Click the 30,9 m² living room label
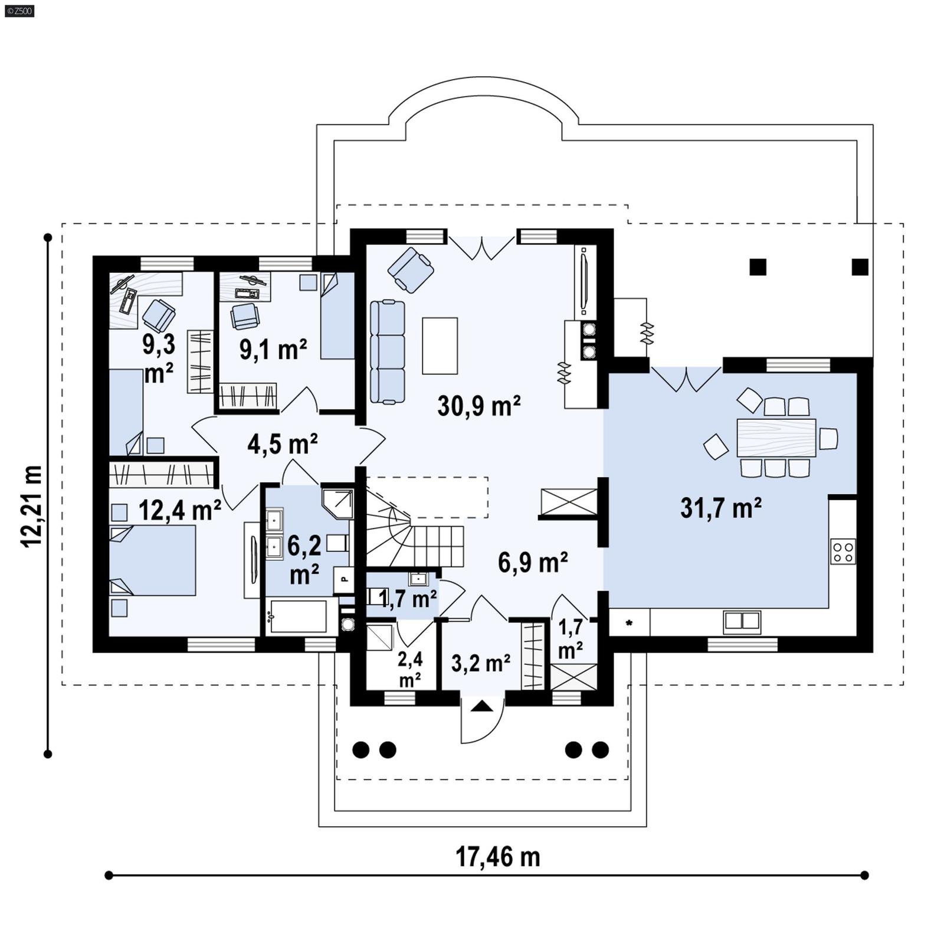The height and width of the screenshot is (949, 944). point(478,406)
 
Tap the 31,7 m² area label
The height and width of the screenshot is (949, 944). point(720,508)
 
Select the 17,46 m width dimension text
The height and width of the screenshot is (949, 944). point(497,856)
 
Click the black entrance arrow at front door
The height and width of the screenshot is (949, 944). point(482,706)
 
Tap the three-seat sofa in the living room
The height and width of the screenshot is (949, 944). point(388,352)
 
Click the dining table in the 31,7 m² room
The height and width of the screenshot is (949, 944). point(776,438)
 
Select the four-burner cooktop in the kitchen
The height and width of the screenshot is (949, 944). point(843,552)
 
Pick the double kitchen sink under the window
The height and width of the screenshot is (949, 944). point(742,621)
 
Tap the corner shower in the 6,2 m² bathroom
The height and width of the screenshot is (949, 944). point(338,502)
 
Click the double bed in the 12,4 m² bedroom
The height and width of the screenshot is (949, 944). point(153,560)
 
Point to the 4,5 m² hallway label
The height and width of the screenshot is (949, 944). point(283,444)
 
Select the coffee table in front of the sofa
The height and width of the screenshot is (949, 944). point(440,345)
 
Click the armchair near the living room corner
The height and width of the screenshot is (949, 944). point(411,269)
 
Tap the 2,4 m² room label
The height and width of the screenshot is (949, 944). point(409,669)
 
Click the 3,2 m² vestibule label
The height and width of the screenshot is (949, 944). point(480,664)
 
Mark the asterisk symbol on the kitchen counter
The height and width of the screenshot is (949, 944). point(630,623)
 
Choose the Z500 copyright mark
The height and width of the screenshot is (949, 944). point(19,11)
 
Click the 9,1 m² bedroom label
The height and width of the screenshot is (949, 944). point(273,350)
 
